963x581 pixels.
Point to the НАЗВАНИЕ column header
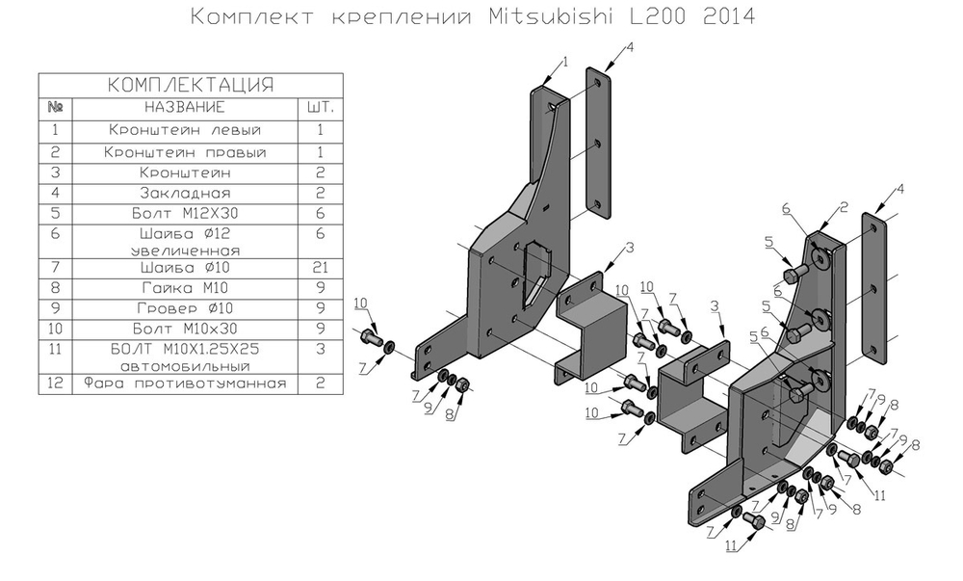(x=185, y=106)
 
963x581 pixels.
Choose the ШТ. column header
(x=319, y=106)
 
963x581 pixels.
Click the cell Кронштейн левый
(x=185, y=129)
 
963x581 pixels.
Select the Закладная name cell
(x=185, y=194)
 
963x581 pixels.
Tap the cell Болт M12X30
(x=185, y=215)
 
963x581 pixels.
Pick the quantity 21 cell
(x=319, y=267)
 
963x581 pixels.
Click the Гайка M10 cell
(x=185, y=288)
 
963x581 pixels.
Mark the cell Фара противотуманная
(x=185, y=383)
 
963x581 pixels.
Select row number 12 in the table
(x=55, y=383)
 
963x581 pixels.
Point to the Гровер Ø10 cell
(x=185, y=309)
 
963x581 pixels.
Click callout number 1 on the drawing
(x=565, y=61)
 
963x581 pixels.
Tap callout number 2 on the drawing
(x=843, y=206)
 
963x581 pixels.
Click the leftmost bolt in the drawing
(x=371, y=338)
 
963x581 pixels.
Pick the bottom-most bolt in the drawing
(x=756, y=521)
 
